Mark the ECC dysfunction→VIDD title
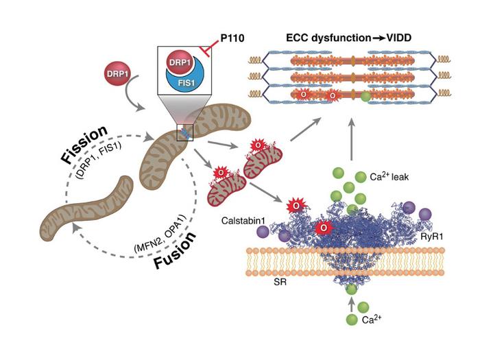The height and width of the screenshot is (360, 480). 348,38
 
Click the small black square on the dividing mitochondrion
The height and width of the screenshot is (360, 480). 184,131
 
